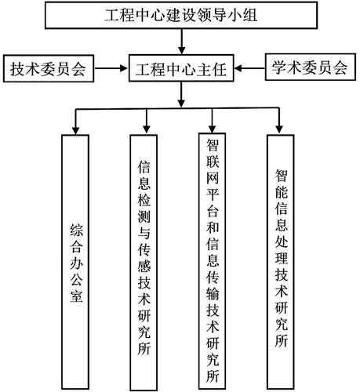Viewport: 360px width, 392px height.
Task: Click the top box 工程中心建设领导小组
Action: click(181, 15)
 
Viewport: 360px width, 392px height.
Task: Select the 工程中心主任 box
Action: click(181, 68)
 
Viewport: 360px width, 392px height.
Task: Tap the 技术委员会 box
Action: click(49, 68)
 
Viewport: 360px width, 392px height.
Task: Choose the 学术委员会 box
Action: click(311, 67)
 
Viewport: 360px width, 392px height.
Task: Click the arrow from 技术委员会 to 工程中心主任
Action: click(111, 68)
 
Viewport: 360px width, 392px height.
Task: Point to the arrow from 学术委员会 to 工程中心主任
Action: click(249, 68)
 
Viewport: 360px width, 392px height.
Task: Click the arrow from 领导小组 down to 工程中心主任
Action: click(181, 42)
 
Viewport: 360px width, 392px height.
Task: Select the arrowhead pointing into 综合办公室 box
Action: click(75, 130)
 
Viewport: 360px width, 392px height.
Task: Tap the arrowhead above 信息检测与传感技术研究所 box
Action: click(147, 129)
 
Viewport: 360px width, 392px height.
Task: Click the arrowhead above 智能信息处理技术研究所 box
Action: click(279, 129)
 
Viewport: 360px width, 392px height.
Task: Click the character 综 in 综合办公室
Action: click(76, 230)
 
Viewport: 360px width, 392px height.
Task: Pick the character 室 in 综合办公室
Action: click(76, 296)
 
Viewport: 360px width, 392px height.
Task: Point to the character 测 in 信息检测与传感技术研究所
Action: click(144, 217)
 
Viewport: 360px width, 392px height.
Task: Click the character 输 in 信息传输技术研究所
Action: click(213, 293)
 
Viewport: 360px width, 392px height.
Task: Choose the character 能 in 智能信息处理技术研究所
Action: click(282, 192)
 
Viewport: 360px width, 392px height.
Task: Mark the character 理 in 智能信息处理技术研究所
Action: click(282, 258)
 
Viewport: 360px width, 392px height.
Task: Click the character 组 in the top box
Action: click(249, 15)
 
